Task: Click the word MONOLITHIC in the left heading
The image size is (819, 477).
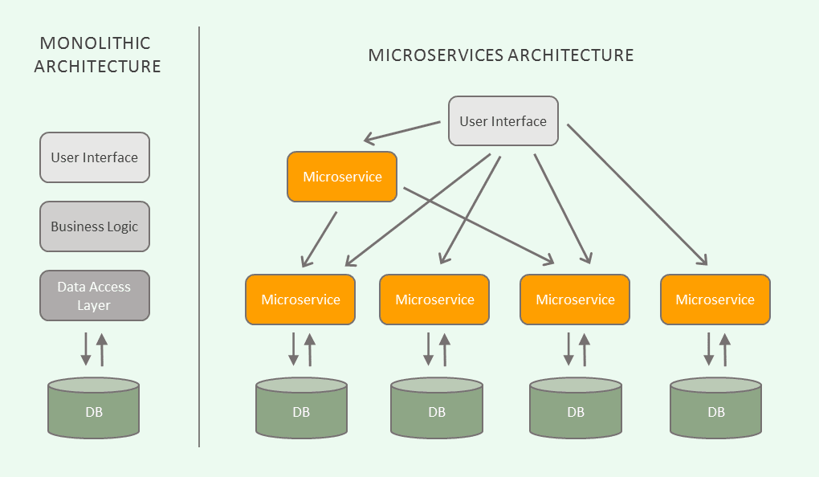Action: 96,43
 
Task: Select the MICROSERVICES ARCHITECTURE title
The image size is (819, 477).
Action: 501,55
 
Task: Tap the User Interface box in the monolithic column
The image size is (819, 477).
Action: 95,157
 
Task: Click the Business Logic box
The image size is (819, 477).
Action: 95,226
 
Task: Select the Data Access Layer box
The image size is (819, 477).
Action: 95,296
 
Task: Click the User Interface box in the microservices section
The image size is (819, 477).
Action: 503,121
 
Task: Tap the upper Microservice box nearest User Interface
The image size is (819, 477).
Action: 342,177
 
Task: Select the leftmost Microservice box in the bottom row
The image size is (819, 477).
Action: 300,300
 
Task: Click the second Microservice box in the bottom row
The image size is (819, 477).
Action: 434,300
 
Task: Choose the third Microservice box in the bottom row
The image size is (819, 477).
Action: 575,300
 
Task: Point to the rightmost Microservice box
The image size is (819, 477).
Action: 715,300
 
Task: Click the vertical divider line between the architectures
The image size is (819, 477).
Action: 199,241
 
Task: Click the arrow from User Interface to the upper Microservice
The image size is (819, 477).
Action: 403,132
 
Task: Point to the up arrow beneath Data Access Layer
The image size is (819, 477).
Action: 102,350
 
